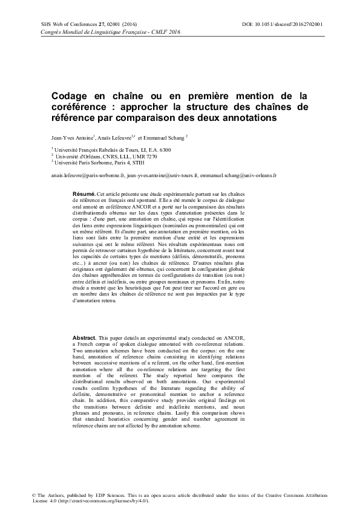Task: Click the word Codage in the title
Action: [70, 96]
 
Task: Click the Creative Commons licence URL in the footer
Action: [97, 501]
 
